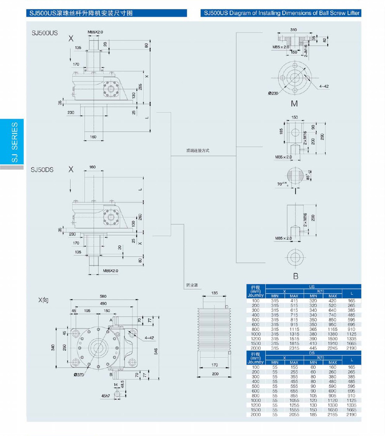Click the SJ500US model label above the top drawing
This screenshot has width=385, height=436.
tap(45, 33)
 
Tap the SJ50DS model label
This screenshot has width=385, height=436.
tap(42, 170)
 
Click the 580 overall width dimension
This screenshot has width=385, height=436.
tap(103, 297)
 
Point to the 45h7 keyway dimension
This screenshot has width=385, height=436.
tap(106, 396)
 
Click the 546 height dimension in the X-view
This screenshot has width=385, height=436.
tap(156, 351)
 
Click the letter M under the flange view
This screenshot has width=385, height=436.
tap(294, 104)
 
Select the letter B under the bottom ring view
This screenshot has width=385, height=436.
tap(295, 276)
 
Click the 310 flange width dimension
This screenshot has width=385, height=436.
tap(294, 30)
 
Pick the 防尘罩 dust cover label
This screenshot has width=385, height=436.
tap(191, 285)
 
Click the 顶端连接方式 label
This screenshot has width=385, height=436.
tap(198, 151)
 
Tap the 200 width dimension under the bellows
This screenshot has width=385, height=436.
tap(215, 374)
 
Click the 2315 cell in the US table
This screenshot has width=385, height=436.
tap(294, 348)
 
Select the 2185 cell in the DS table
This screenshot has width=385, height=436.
tap(333, 415)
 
